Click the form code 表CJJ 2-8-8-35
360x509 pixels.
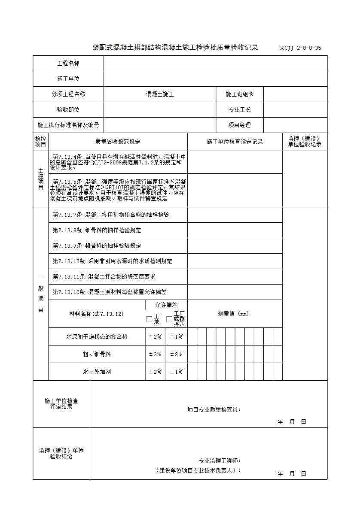[x=300, y=48]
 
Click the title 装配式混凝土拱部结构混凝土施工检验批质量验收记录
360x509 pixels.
[x=175, y=48]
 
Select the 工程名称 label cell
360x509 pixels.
[x=68, y=64]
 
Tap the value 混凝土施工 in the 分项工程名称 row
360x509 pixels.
[x=159, y=94]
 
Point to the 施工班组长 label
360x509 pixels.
[x=239, y=94]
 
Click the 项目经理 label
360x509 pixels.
[x=239, y=125]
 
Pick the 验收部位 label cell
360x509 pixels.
[x=68, y=110]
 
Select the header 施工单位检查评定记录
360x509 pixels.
[x=235, y=142]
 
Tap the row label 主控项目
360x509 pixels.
[x=41, y=179]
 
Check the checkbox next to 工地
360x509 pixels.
[x=149, y=319]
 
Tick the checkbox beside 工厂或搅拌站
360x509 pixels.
[x=169, y=319]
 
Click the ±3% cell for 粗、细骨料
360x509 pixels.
[x=155, y=354]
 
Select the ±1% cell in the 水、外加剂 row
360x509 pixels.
[x=176, y=372]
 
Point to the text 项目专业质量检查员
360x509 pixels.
[x=214, y=409]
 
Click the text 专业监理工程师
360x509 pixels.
[x=219, y=461]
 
